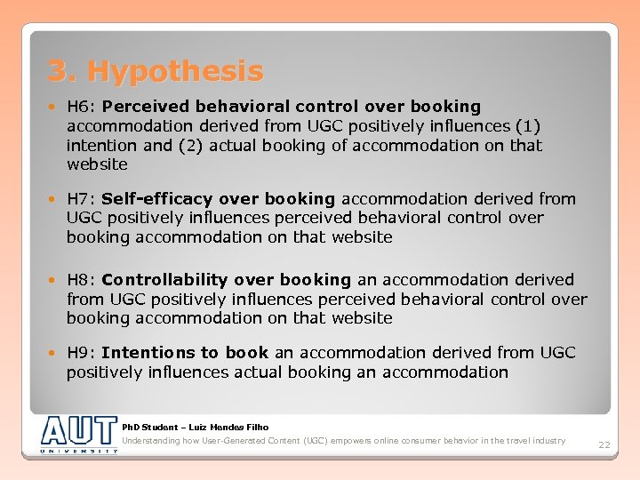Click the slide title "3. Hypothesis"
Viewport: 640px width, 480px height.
click(x=156, y=70)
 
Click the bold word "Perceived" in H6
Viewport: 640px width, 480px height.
click(x=143, y=107)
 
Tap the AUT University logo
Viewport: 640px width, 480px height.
click(x=78, y=435)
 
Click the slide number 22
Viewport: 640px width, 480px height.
click(x=604, y=444)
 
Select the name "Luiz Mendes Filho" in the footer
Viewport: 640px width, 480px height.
click(x=231, y=428)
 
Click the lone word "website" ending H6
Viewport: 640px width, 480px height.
click(x=97, y=165)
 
